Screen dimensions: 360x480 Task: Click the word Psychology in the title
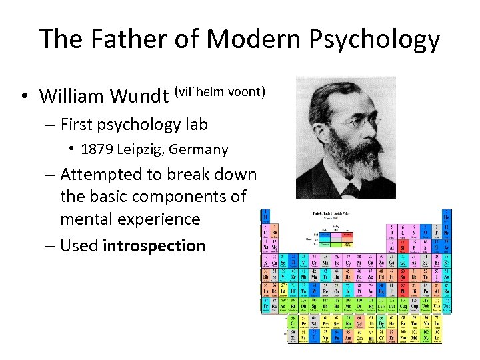[373, 40]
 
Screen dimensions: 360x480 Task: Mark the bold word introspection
[154, 245]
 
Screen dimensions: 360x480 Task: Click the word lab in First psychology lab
[196, 125]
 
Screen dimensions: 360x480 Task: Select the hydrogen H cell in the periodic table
[266, 217]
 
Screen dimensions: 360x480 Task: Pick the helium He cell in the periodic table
[447, 217]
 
